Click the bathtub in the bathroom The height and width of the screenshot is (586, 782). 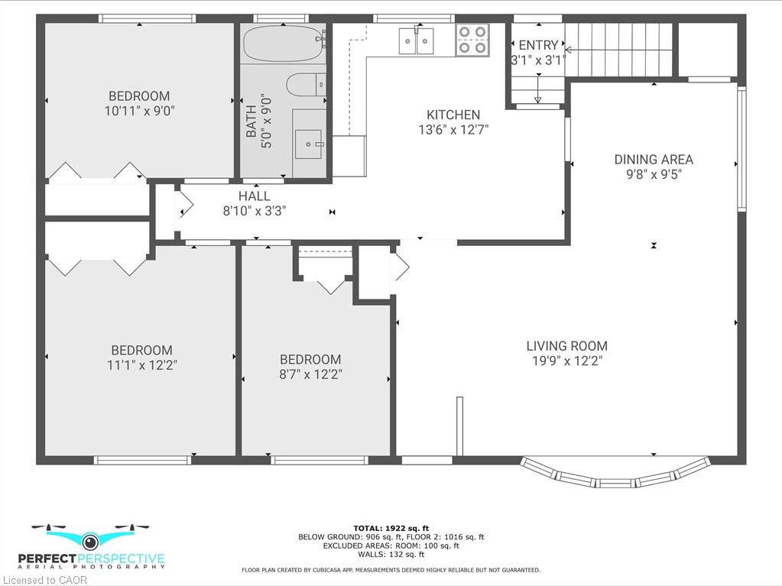tap(284, 44)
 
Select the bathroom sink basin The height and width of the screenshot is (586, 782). tap(309, 144)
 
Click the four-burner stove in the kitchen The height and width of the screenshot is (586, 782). tap(472, 40)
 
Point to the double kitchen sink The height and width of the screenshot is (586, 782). tap(416, 40)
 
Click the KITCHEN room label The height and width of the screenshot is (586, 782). tap(453, 115)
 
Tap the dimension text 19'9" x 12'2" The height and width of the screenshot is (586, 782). tap(567, 361)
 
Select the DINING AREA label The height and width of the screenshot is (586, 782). tap(654, 160)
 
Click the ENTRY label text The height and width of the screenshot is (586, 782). tap(538, 45)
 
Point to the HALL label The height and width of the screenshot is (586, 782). tap(255, 196)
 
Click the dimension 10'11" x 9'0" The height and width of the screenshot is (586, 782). tap(139, 111)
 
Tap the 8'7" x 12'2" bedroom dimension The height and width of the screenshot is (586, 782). tap(310, 374)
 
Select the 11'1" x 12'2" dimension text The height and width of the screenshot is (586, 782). tap(142, 365)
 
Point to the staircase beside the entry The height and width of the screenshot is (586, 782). tap(618, 49)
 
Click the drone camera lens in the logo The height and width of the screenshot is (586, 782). tap(90, 541)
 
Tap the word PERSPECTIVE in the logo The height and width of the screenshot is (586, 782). tap(122, 559)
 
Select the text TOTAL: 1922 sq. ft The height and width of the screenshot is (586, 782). tap(391, 528)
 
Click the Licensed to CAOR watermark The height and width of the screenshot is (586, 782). tap(44, 580)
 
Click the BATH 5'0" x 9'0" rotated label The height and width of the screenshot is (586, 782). tap(259, 121)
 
